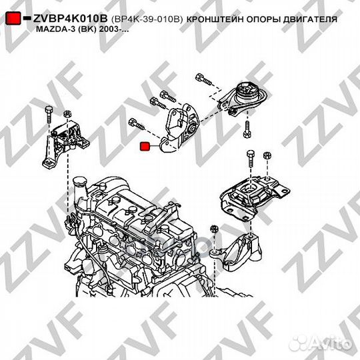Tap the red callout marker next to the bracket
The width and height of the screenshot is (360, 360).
(143, 147)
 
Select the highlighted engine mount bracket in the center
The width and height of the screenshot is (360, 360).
(179, 127)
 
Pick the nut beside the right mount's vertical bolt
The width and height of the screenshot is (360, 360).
(267, 156)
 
